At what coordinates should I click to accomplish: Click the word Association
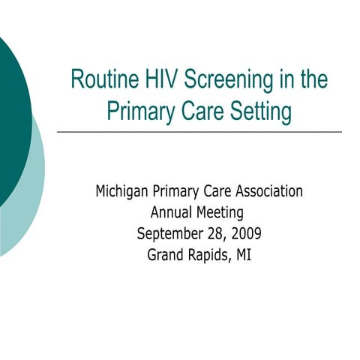265,191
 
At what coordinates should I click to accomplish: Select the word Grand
166,253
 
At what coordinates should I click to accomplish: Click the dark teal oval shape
11,120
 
